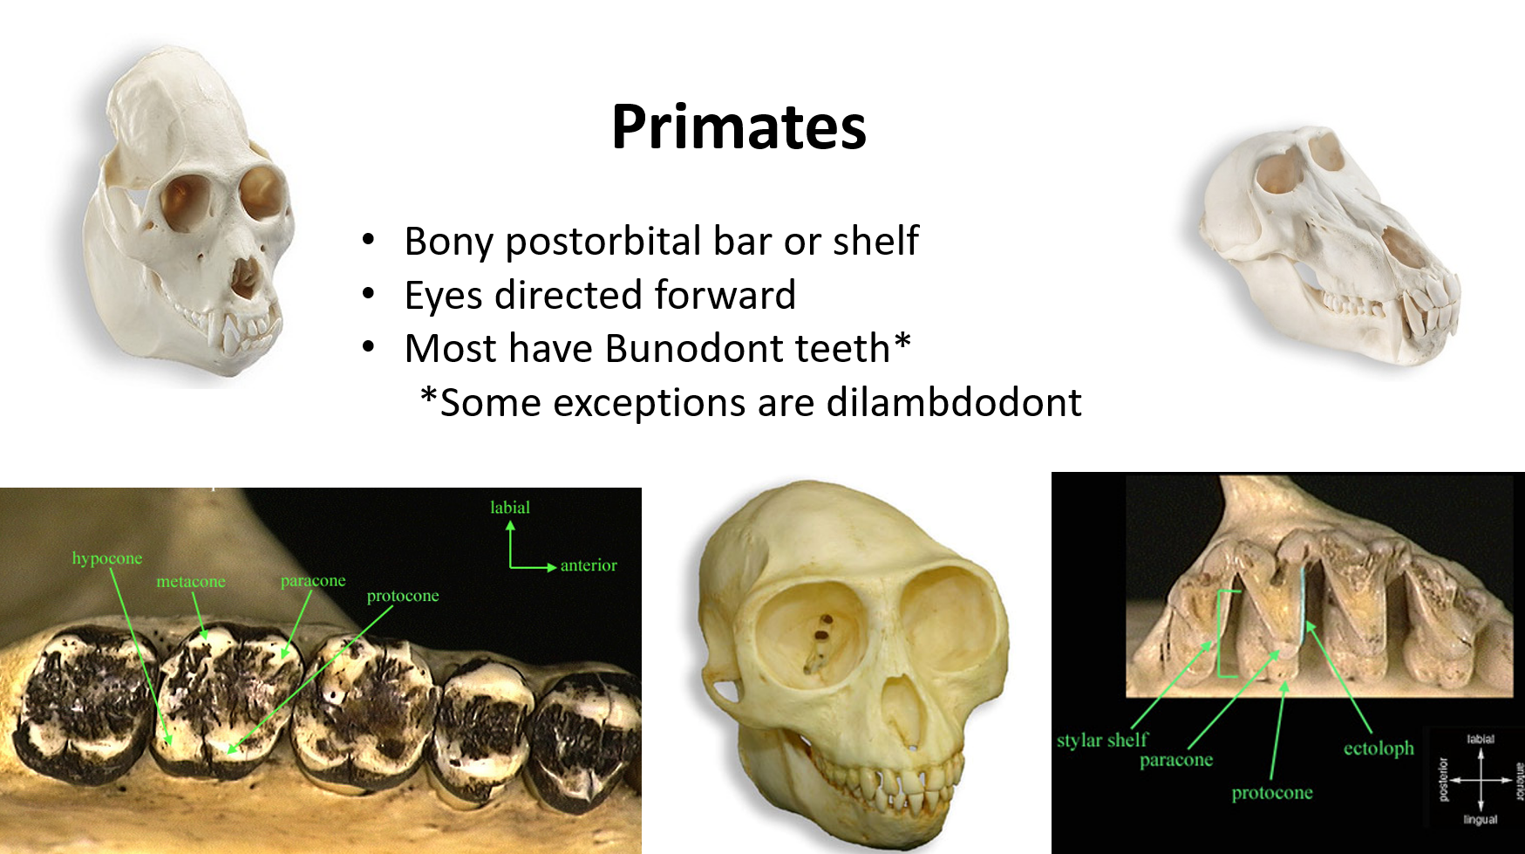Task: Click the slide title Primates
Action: (x=739, y=127)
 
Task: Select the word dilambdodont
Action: (x=953, y=403)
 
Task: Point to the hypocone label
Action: (x=106, y=558)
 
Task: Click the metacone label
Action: (x=191, y=582)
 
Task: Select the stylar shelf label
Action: (x=1102, y=741)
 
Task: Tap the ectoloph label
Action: (x=1379, y=748)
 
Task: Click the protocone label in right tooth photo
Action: (x=1271, y=793)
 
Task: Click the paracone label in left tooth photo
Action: (x=312, y=581)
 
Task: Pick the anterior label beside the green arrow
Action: (x=589, y=566)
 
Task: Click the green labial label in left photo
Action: (x=509, y=508)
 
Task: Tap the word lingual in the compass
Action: (x=1480, y=820)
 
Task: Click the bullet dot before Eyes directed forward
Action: (x=369, y=295)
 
